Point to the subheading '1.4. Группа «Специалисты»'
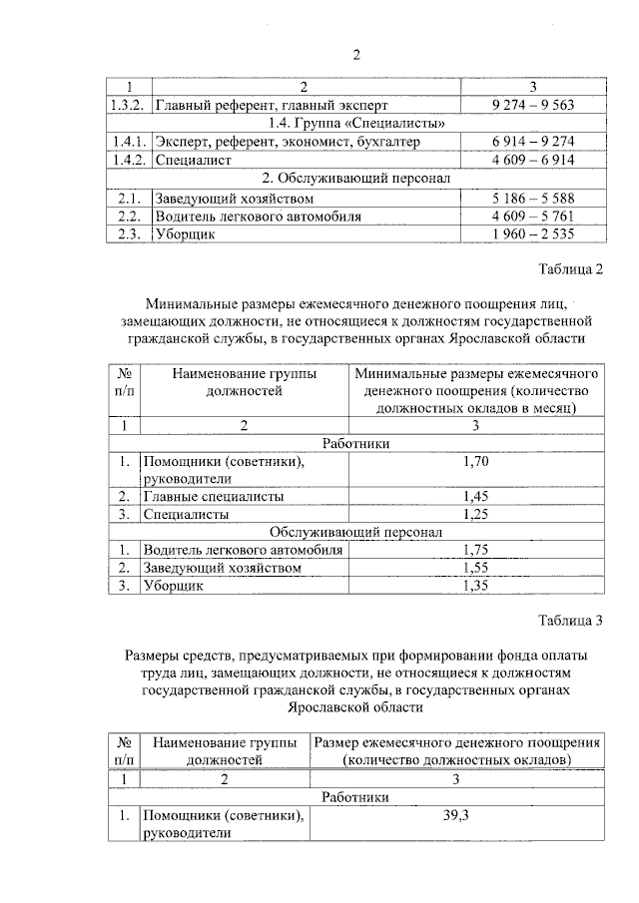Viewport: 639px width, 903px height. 357,123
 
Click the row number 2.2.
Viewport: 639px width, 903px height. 127,216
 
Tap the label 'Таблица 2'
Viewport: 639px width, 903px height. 571,269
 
